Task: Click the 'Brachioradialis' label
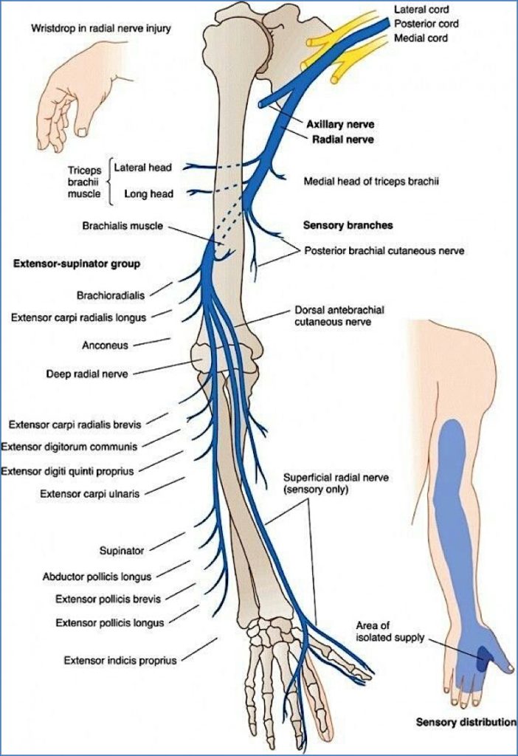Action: (x=111, y=295)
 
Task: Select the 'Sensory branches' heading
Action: (x=348, y=225)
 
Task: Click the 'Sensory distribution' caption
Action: (x=466, y=722)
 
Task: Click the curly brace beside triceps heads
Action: (x=108, y=181)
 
